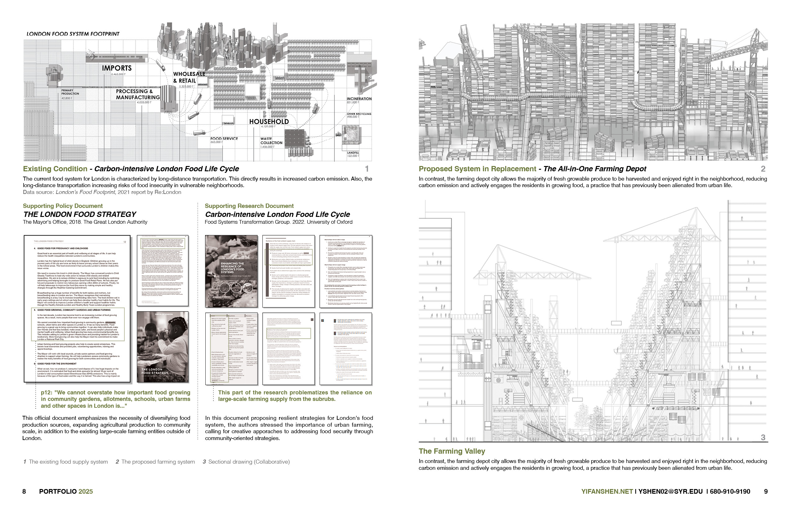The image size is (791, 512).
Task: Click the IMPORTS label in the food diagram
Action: point(117,68)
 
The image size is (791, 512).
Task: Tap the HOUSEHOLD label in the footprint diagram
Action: point(269,122)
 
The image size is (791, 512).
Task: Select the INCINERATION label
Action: point(359,99)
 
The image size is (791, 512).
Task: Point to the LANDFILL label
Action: point(353,153)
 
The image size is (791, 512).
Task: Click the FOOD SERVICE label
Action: point(224,139)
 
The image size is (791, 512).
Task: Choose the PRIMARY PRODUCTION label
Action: point(70,92)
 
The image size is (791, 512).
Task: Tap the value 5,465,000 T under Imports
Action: point(118,74)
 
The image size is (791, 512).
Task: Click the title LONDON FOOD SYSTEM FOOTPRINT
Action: point(73,34)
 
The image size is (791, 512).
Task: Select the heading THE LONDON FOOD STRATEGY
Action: point(79,214)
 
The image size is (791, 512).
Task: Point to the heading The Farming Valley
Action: point(452,451)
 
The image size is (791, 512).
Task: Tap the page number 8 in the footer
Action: point(24,492)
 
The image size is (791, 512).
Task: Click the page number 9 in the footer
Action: point(766,492)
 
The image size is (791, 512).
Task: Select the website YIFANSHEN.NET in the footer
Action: point(607,492)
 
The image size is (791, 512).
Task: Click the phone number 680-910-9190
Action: point(730,492)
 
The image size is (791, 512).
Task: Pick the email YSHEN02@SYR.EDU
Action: point(670,492)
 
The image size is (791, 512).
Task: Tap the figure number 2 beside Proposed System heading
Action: point(763,169)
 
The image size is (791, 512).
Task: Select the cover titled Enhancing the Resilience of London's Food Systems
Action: point(231,271)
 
